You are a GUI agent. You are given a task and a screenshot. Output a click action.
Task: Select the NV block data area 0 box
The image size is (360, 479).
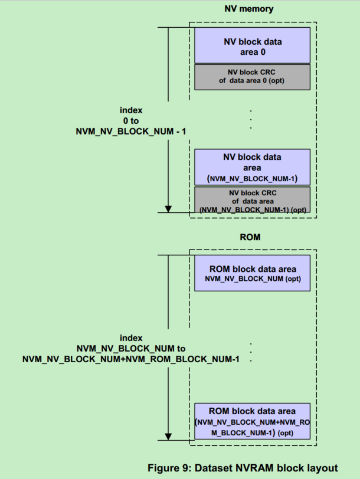point(252,47)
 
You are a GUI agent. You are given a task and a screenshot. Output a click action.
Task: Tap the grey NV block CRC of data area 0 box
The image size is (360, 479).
point(252,77)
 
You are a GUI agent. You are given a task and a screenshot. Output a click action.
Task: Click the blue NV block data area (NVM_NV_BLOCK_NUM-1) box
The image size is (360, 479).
point(252,167)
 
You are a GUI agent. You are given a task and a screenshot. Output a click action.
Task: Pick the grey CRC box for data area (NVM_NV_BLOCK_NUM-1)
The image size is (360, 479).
point(252,201)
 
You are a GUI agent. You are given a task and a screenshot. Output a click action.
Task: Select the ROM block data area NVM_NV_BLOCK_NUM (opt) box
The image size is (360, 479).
point(252,273)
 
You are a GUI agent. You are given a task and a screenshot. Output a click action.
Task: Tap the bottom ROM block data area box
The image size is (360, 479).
point(252,421)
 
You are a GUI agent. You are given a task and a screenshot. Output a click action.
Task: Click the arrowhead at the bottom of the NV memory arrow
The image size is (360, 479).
point(168,208)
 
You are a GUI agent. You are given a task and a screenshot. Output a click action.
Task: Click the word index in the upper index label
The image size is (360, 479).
point(131,110)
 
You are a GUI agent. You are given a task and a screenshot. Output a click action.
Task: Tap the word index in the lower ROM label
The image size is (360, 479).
point(131,338)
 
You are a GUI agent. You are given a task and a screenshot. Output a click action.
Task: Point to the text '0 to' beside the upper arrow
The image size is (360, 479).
point(131,120)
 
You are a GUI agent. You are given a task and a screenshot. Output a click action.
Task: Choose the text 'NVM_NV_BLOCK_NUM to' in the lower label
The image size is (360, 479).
point(131,348)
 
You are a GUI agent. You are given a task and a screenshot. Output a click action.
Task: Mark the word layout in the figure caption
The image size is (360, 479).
point(322,468)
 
